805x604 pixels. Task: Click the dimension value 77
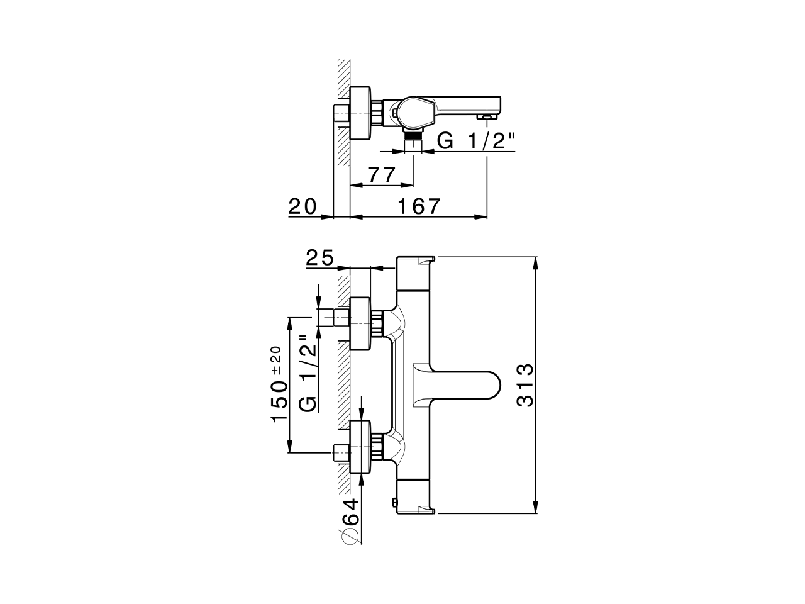(x=381, y=174)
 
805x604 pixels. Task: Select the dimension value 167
(x=418, y=206)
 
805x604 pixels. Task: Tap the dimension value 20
(x=304, y=206)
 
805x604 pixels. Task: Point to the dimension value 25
(x=320, y=257)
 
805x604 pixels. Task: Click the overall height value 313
(x=525, y=385)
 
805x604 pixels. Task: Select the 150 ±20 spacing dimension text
(x=279, y=385)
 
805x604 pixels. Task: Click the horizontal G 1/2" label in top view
(x=476, y=141)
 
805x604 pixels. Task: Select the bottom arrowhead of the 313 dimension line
(x=535, y=508)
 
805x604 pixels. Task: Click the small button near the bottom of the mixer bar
(x=394, y=502)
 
